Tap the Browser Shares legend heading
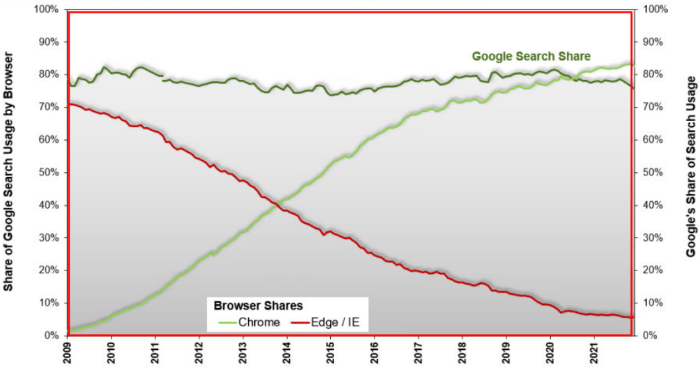258,305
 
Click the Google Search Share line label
531,56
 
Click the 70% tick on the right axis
654,107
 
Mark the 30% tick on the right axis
654,238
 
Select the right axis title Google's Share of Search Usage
691,166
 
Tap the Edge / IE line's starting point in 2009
70,104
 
